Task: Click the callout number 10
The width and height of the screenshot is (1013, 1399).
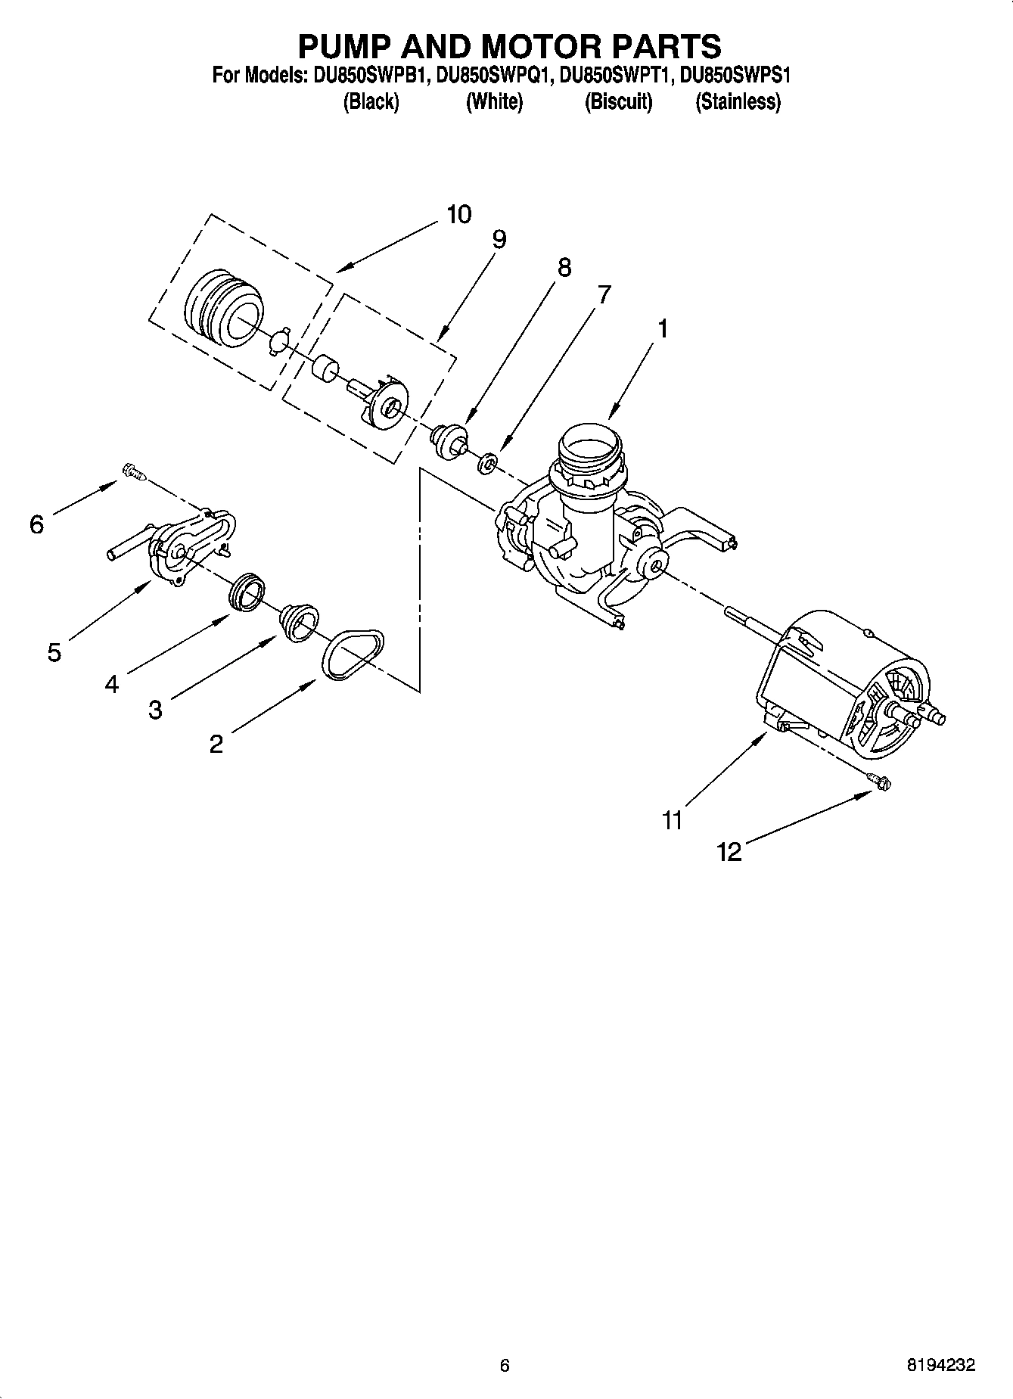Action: (x=458, y=214)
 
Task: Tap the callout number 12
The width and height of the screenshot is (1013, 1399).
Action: (x=729, y=853)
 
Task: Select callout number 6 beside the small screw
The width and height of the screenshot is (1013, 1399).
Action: (x=37, y=524)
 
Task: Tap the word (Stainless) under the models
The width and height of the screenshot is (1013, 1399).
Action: (x=738, y=101)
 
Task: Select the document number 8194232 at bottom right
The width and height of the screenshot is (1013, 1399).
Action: (x=940, y=1366)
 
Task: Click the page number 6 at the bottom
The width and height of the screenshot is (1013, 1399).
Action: (x=505, y=1366)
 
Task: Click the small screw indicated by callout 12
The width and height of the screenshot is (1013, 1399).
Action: (x=881, y=781)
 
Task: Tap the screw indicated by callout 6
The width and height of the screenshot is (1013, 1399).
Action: (x=134, y=474)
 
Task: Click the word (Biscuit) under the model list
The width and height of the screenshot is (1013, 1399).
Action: (x=618, y=101)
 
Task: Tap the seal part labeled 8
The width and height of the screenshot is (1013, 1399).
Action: (x=449, y=439)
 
